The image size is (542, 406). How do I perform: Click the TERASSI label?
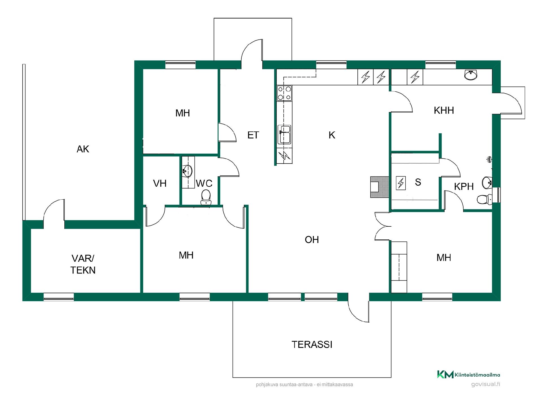click(312, 345)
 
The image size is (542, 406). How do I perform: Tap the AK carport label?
click(83, 149)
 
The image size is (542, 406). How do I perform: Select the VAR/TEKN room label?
click(83, 264)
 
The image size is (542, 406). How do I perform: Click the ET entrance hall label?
click(253, 135)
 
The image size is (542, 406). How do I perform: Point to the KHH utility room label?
click(444, 110)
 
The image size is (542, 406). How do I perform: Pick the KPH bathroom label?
click(464, 186)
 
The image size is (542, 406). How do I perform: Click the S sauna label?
click(418, 182)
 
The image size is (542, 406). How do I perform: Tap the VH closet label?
click(160, 184)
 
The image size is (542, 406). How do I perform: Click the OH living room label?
click(312, 240)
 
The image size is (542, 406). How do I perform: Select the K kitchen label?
click(332, 135)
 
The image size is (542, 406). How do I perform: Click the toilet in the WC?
click(206, 197)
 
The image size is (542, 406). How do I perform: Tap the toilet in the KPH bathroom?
click(484, 200)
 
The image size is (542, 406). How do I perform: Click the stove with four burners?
click(284, 93)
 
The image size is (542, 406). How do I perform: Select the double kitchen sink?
click(284, 135)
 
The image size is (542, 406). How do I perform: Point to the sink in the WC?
click(187, 171)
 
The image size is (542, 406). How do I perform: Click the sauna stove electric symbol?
click(401, 183)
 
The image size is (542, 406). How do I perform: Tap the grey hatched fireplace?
click(379, 187)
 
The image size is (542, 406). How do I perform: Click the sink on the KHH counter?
click(471, 75)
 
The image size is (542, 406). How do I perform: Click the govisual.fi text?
click(486, 384)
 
